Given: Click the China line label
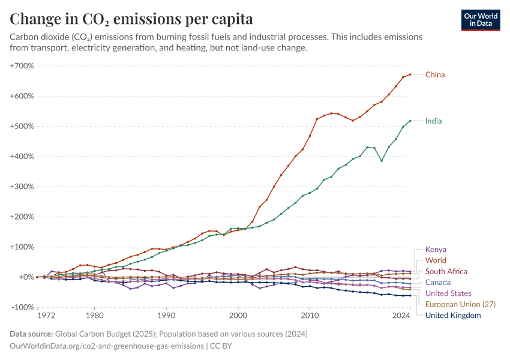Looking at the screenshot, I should (x=435, y=74).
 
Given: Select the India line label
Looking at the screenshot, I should (x=434, y=121).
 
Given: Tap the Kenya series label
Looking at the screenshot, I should (x=436, y=250).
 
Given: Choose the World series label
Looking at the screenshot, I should (x=436, y=260).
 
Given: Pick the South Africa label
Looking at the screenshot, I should (x=446, y=271).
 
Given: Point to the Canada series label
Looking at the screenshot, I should (x=438, y=282).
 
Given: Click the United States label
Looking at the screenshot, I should (x=448, y=293).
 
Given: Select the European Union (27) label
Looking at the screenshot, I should (x=460, y=304).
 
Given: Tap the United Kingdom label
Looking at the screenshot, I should (x=453, y=315).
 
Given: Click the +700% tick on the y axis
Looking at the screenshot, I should (x=22, y=65).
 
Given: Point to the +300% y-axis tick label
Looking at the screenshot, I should (x=22, y=187).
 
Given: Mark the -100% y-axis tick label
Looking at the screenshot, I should (x=23, y=307).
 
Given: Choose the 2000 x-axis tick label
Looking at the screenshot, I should (x=238, y=314).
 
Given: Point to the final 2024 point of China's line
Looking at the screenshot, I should (x=410, y=74).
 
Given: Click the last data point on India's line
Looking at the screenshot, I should (x=410, y=121).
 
